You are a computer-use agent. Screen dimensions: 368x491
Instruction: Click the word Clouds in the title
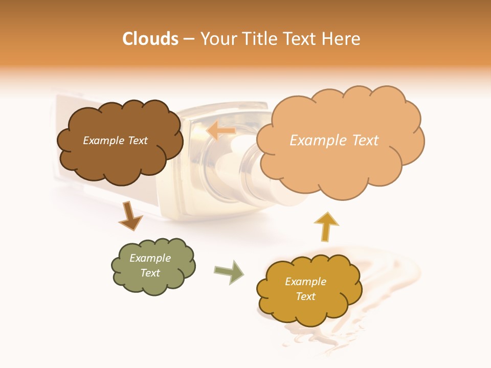coord(150,39)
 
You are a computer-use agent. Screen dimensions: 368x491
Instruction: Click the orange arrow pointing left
coord(220,131)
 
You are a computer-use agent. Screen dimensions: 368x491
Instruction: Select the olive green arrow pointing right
coord(229,271)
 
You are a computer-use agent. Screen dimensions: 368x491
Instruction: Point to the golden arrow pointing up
coord(326,226)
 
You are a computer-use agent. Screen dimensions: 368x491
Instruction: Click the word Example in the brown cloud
coord(104,141)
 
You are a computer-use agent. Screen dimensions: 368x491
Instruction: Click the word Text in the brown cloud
coord(137,141)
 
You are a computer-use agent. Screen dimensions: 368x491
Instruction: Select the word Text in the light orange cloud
coord(365,141)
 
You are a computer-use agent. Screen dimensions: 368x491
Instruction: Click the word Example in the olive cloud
coord(150,258)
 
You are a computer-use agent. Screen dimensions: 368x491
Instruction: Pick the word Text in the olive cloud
coord(150,273)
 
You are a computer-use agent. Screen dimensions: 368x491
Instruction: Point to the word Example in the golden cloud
coord(305,282)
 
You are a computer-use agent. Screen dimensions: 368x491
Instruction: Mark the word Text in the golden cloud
coord(305,296)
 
